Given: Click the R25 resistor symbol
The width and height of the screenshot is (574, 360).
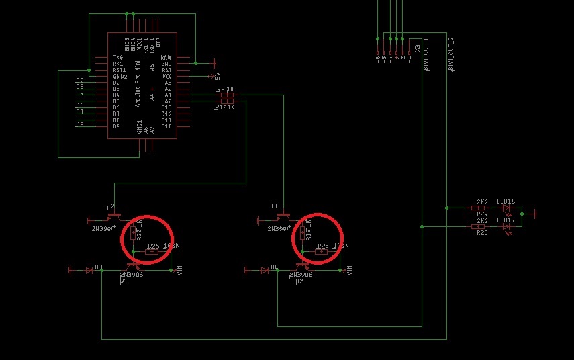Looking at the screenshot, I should pos(152,252).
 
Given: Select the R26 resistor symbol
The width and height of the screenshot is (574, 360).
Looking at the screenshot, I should pos(322,252).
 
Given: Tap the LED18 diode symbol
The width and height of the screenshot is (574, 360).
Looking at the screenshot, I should pos(506,208).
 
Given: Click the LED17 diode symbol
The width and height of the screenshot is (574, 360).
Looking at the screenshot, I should pos(506,227).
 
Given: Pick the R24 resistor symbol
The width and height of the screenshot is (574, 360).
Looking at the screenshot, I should pos(481,208).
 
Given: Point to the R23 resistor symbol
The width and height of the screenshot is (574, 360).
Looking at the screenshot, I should pos(481,227).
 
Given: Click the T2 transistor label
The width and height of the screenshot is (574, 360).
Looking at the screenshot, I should pos(111,206).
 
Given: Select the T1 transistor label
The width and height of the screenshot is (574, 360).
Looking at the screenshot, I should pos(273,206).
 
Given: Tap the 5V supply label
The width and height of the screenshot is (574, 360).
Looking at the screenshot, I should pos(217,77).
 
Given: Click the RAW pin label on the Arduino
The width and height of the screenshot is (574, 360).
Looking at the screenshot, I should pos(166,58).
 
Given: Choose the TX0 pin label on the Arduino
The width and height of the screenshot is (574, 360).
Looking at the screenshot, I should pos(117,58).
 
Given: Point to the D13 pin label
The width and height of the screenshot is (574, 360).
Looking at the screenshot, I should pos(166,107).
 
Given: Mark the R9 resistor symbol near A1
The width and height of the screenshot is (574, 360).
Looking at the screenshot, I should pos(226,95).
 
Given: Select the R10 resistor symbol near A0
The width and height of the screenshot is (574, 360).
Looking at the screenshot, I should pos(226,101).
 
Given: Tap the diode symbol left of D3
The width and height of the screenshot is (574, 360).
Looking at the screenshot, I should pos(89,271).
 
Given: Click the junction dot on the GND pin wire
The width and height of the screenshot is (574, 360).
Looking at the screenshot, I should pos(195,64).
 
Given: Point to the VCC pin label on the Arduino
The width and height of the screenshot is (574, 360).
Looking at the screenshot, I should pos(166,77).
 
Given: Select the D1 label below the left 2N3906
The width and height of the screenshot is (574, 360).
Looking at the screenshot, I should pos(123,281).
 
